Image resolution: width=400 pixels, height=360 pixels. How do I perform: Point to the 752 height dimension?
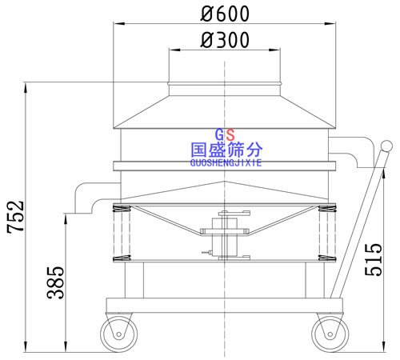click(x=15, y=218)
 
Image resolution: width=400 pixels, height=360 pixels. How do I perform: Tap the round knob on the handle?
click(x=386, y=147)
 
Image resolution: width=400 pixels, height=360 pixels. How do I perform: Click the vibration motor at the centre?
click(x=224, y=236)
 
